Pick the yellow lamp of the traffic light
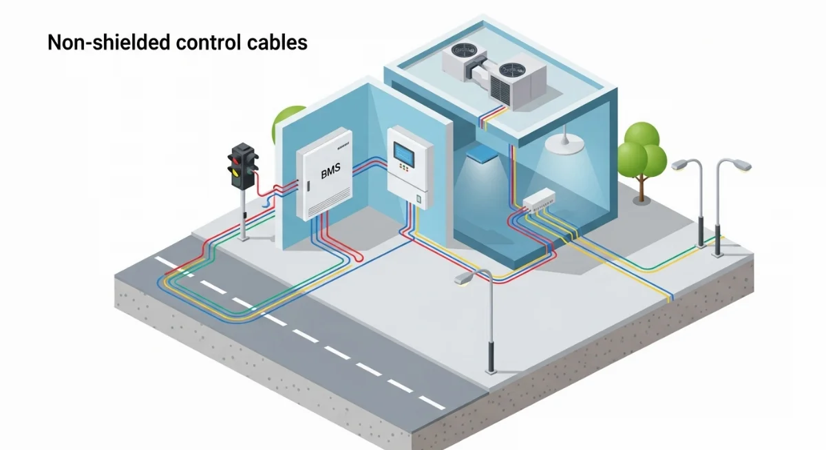(x=237, y=174)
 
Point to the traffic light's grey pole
(x=243, y=213)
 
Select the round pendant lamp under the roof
(x=562, y=144)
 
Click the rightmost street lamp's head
(x=741, y=165)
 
